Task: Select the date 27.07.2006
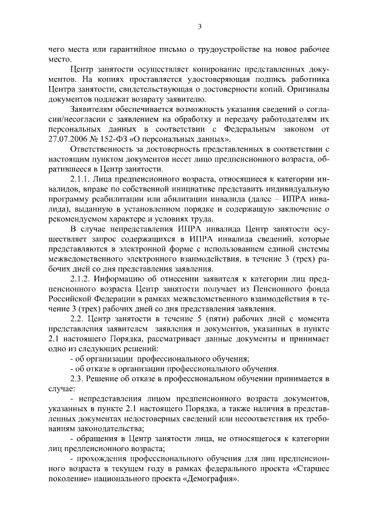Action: click(70, 139)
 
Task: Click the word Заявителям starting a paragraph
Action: click(92, 110)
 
